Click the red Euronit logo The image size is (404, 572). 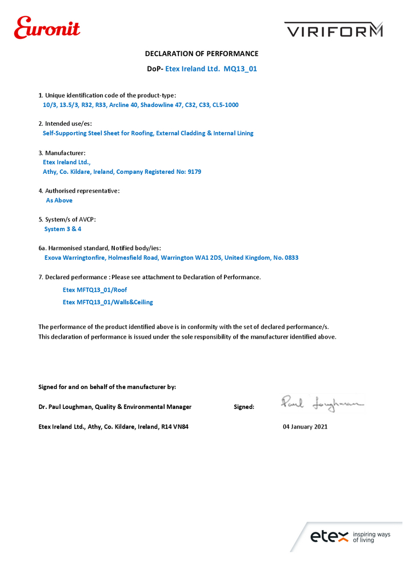coord(47,27)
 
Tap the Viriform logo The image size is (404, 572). coord(334,30)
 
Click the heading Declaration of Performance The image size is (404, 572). coord(202,54)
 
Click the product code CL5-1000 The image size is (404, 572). coord(225,105)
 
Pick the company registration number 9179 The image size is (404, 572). coord(194,172)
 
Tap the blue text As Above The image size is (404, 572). coord(59,200)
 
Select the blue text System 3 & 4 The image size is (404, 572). coord(63,229)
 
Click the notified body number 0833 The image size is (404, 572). coord(291,257)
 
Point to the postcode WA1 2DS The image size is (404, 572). coord(208,257)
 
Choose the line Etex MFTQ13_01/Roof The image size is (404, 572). coord(95,290)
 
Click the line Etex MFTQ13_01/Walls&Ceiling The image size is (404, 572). coord(107,302)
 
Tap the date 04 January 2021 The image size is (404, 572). coord(305,427)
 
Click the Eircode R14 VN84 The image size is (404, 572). coord(171,427)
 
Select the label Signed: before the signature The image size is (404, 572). coord(244,407)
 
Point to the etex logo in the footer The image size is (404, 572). coord(329,537)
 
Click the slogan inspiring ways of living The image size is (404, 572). coord(371,537)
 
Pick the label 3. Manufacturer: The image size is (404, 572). coord(62,153)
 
